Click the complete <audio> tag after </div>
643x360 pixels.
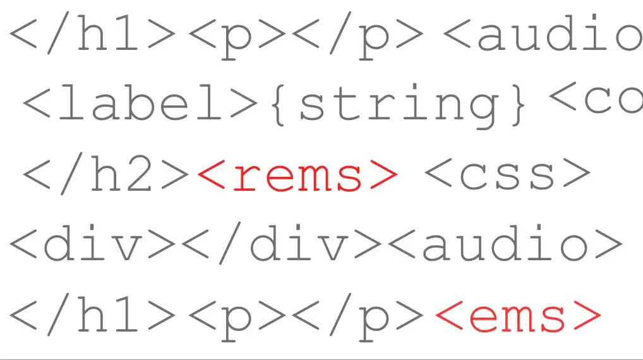505,244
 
